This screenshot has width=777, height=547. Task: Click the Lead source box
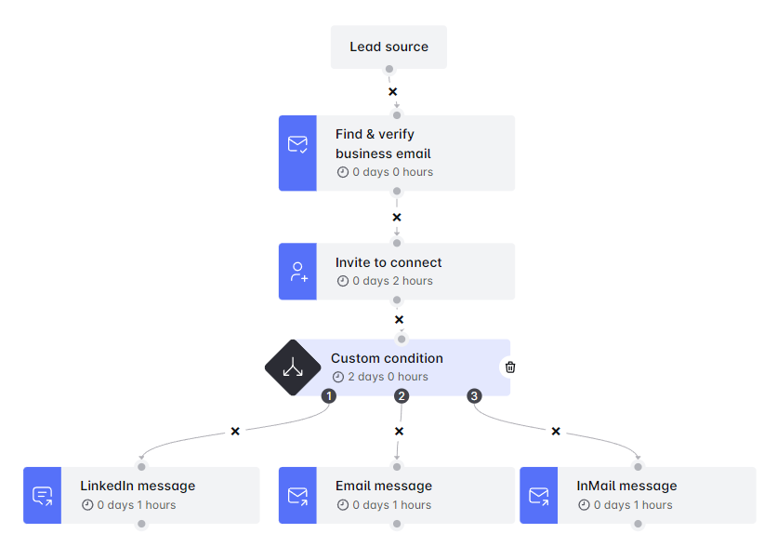[x=388, y=47]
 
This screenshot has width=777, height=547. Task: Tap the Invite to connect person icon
[x=297, y=272]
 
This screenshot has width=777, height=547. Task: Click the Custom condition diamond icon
[x=293, y=367]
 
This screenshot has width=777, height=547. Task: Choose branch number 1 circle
[x=329, y=396]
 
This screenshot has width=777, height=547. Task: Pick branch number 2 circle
[x=402, y=396]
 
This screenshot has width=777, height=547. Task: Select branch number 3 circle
[x=474, y=396]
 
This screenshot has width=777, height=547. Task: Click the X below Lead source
[x=392, y=92]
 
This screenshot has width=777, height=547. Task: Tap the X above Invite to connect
[x=397, y=218]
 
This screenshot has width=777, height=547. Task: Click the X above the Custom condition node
[x=399, y=320]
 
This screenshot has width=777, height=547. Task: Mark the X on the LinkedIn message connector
[x=235, y=432]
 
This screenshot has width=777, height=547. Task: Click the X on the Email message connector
[x=399, y=432]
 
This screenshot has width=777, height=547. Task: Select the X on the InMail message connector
[x=556, y=432]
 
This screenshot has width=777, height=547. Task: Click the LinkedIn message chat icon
[x=42, y=495]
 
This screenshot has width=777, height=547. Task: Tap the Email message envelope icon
[x=297, y=495]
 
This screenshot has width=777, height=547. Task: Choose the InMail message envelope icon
[x=538, y=495]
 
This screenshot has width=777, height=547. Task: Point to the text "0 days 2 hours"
[x=392, y=281]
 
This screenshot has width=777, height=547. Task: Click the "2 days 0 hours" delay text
[x=388, y=377]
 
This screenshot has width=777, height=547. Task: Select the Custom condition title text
[x=387, y=358]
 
